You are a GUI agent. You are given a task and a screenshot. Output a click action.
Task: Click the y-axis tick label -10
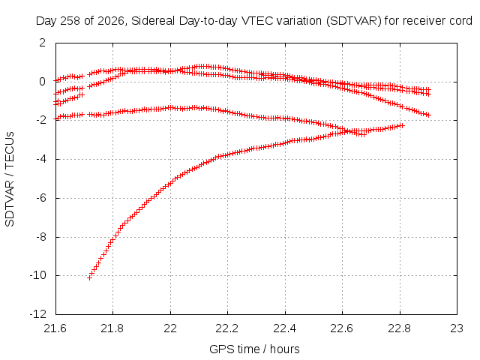coord(38,275)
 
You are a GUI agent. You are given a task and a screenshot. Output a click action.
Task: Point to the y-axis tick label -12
coord(38,313)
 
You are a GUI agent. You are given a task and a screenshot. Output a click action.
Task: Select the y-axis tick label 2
coord(43,43)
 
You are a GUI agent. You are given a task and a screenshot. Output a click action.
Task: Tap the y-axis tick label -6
coord(40,198)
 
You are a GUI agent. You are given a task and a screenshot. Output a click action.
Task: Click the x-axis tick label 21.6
coord(55,328)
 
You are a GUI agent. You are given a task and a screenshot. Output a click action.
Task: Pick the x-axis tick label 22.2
coord(227,328)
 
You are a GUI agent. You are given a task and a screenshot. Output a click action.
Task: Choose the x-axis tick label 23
coord(457,328)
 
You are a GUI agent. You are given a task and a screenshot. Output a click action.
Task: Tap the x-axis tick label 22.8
coord(400,328)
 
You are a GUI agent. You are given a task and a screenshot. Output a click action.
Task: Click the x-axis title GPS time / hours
coord(254,349)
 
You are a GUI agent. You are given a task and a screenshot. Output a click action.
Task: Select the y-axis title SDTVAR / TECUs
coord(10,179)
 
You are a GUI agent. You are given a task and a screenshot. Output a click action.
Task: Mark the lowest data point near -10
coord(89,278)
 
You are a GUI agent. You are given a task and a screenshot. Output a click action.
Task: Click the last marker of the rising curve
coord(402,125)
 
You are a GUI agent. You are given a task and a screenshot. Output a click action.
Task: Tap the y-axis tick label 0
coord(43,82)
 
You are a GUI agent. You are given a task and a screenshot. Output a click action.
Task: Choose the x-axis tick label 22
coord(170,328)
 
